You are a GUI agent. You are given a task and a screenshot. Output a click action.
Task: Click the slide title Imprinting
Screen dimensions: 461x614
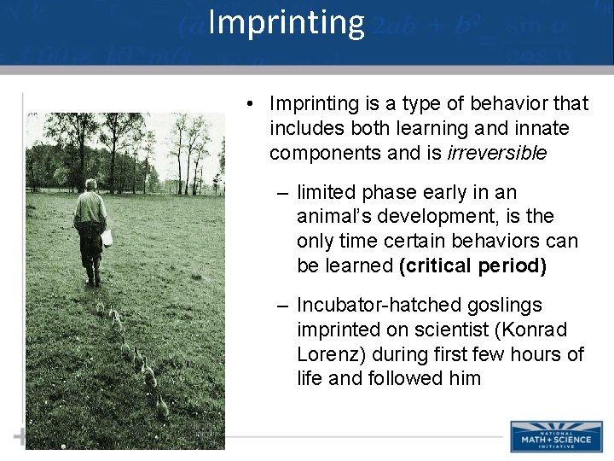point(286,23)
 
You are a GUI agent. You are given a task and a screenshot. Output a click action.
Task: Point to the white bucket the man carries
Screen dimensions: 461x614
point(107,236)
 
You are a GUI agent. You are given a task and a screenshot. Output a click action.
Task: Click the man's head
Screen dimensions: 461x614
point(90,184)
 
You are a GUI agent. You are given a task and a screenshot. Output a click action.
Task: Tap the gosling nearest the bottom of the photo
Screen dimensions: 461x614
point(162,407)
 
